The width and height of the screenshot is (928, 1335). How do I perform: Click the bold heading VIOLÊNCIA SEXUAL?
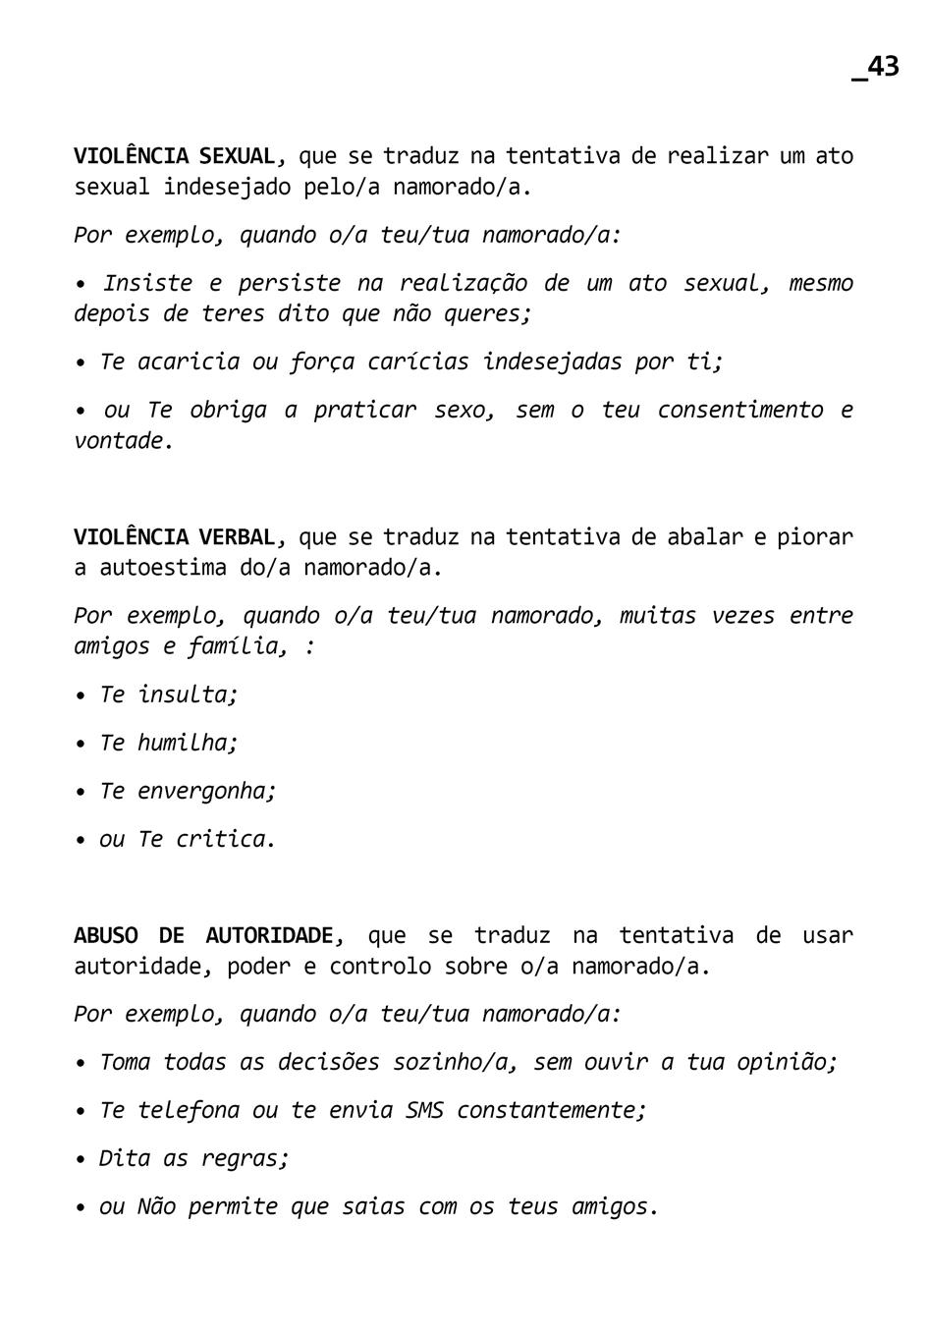tap(176, 156)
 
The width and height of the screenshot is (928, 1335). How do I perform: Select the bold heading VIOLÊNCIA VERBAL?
tap(176, 537)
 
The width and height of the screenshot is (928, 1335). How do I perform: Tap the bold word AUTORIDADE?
tap(272, 935)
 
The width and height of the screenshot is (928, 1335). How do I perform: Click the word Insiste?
tap(147, 284)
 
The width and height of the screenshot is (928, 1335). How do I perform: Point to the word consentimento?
tap(739, 410)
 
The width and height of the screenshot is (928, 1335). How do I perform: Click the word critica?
tap(223, 839)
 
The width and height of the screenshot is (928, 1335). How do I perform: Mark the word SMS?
tap(424, 1110)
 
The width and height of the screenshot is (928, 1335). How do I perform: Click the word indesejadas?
tap(552, 362)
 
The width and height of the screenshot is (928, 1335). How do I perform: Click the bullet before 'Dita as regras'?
tap(81, 1159)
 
